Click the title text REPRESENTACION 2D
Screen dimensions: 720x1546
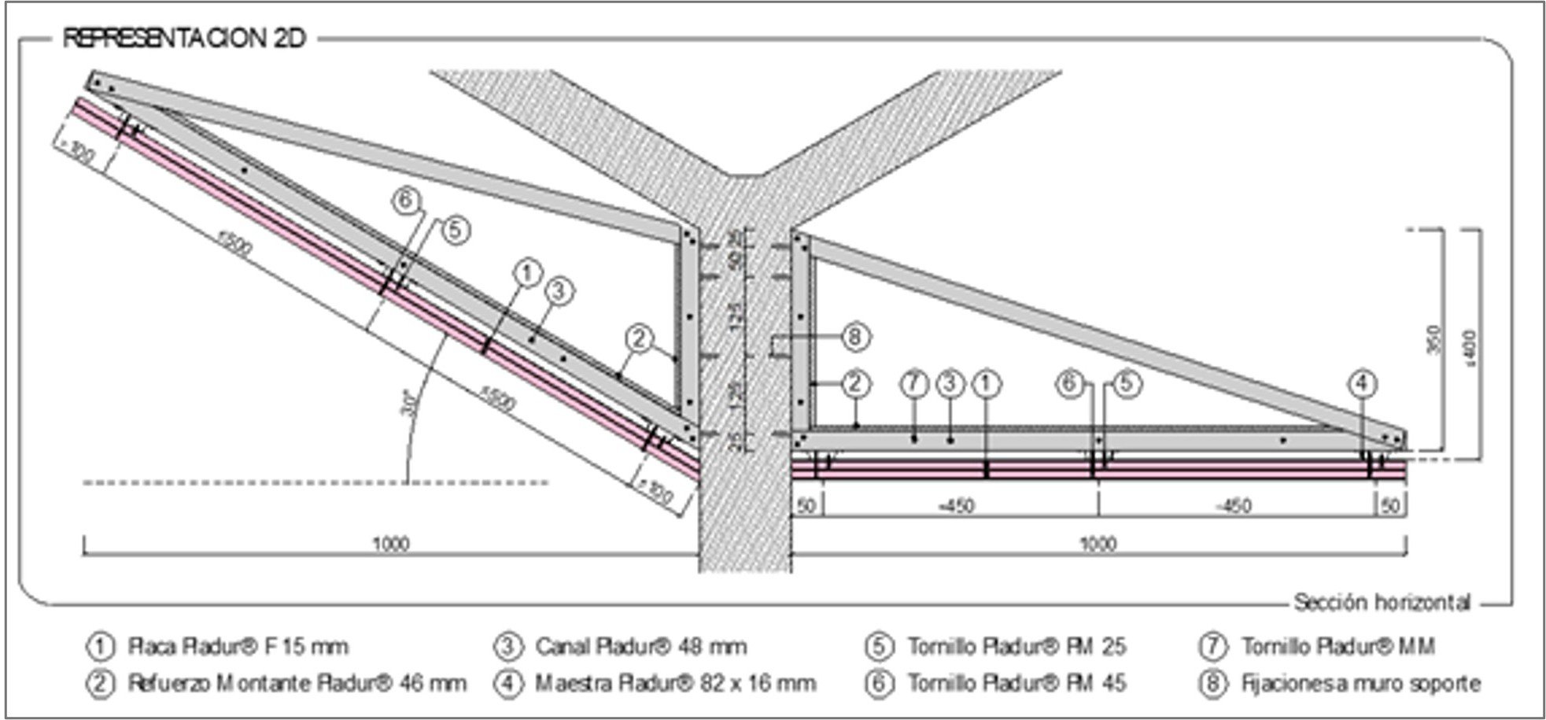point(183,39)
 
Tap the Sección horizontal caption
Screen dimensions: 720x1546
point(1382,603)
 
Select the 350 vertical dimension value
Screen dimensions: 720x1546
point(1433,340)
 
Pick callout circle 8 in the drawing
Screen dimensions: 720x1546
point(856,338)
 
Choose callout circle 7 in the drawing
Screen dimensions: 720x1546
point(913,384)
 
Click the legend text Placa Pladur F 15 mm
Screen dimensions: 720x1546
point(238,647)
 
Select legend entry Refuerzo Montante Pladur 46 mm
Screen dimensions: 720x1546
point(297,683)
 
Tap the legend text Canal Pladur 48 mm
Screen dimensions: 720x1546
point(640,647)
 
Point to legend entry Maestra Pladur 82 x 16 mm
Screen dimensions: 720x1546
point(675,683)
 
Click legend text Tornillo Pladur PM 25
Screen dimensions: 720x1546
point(1017,647)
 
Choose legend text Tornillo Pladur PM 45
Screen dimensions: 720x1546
point(1017,683)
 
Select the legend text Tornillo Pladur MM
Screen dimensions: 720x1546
point(1338,647)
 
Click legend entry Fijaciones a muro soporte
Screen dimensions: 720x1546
point(1360,683)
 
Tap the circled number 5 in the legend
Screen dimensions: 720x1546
point(879,647)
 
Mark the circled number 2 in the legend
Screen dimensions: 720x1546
point(101,683)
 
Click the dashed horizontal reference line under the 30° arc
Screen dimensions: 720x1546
point(315,482)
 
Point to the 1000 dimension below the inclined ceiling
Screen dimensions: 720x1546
point(390,544)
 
